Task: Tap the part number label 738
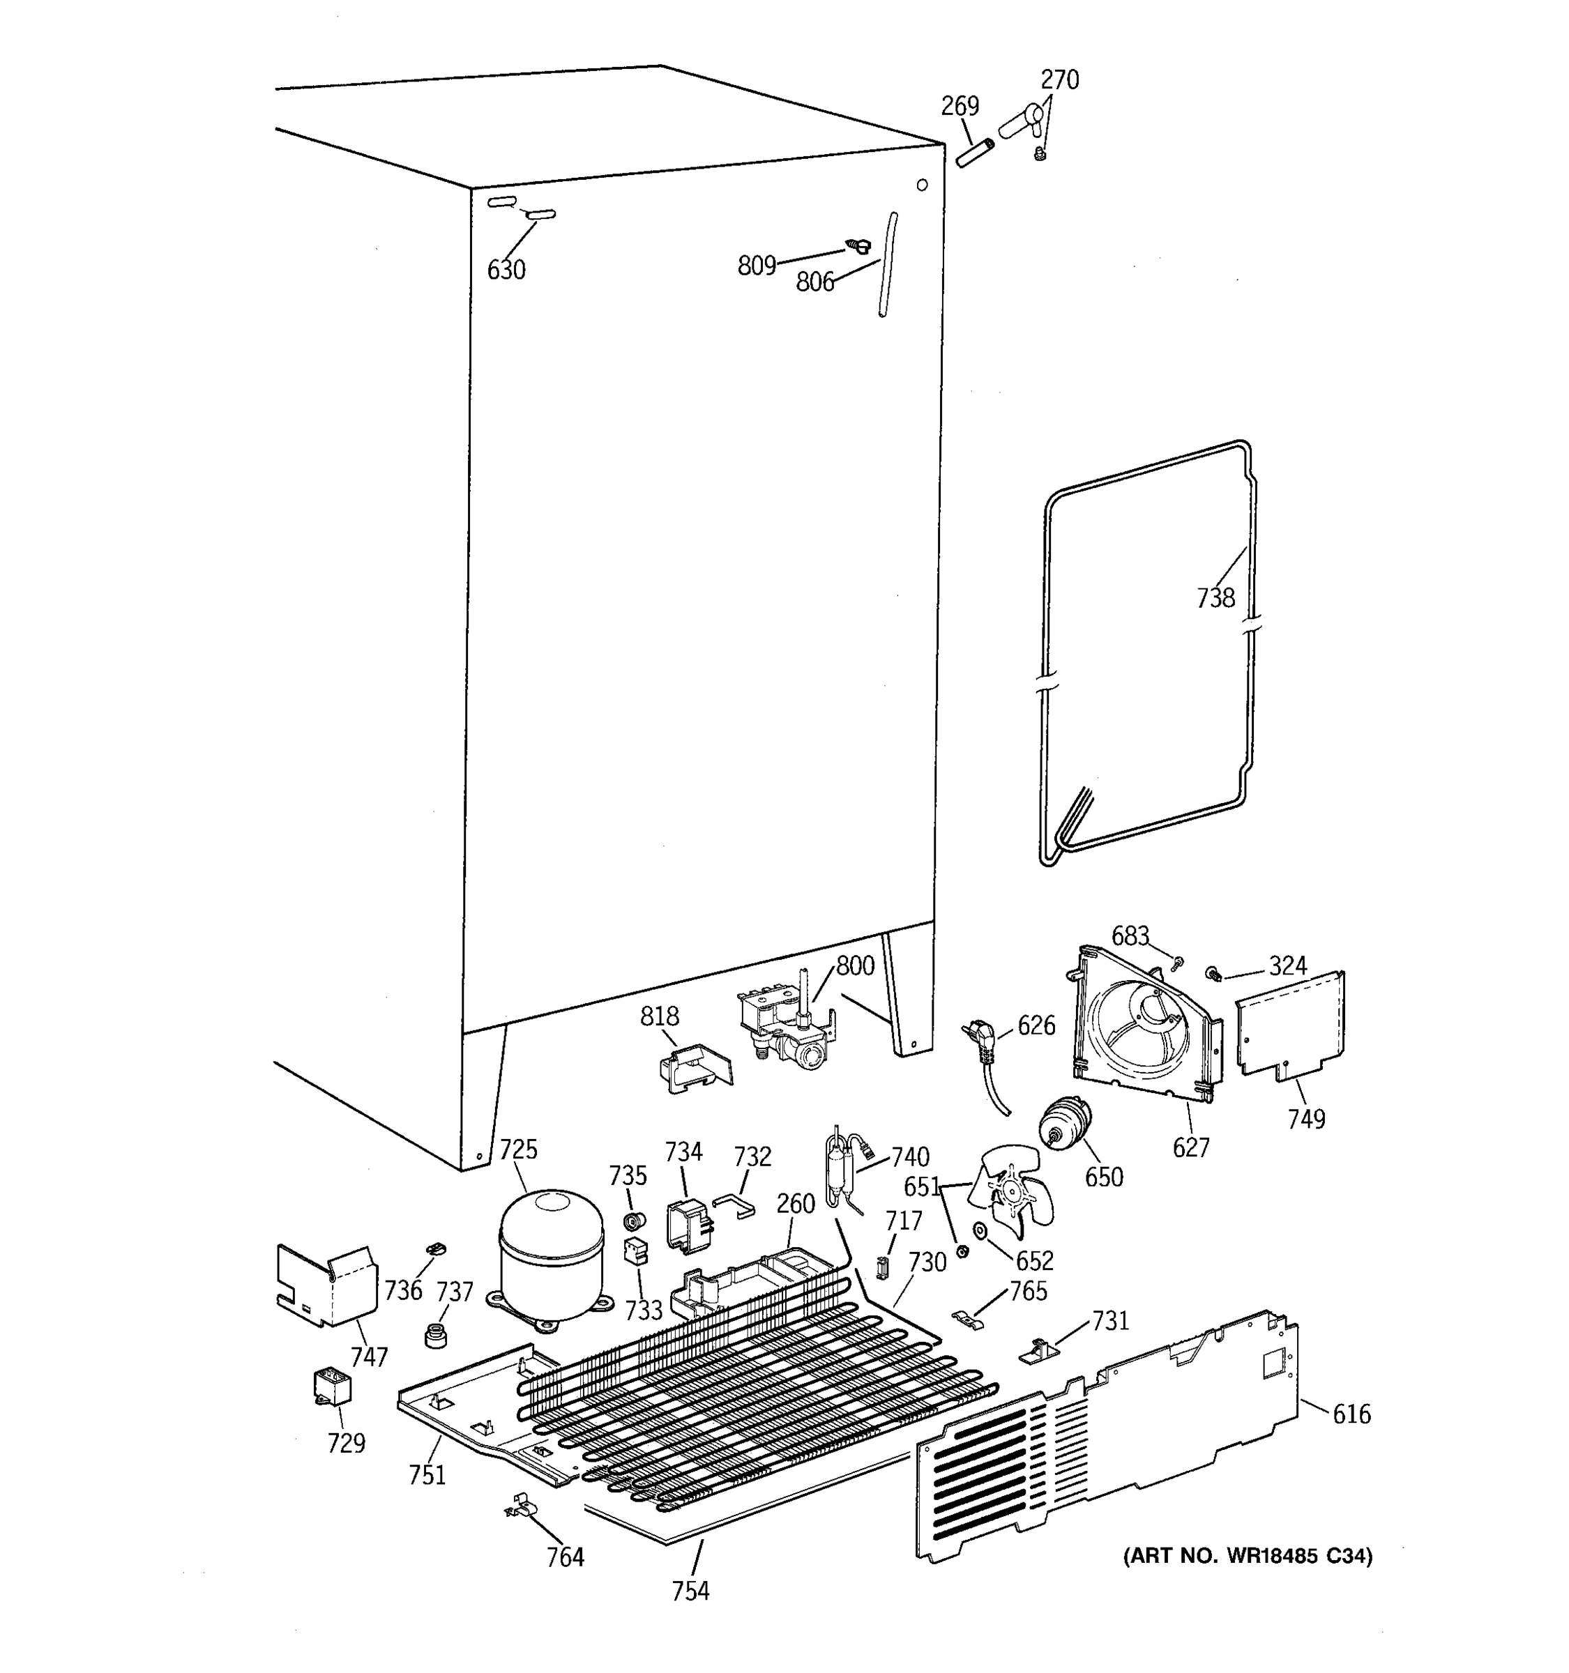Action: click(1215, 598)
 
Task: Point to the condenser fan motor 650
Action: click(1064, 1124)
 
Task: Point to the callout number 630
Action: click(506, 270)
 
